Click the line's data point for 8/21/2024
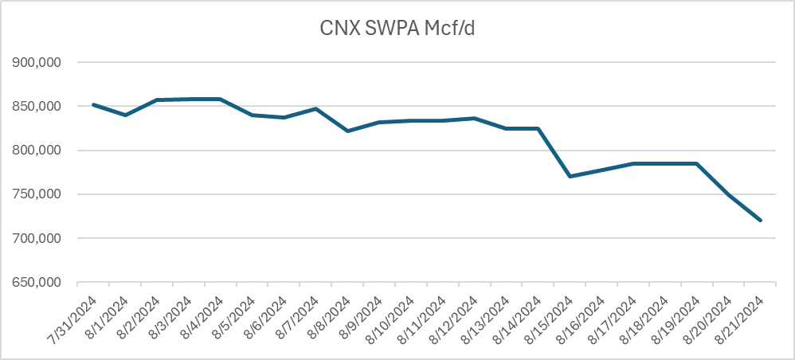pyautogui.click(x=760, y=220)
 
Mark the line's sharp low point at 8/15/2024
pyautogui.click(x=570, y=176)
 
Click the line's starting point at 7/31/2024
pyautogui.click(x=93, y=104)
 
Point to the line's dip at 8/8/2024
pyautogui.click(x=347, y=131)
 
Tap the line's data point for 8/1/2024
pyautogui.click(x=125, y=115)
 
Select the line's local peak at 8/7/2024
pyautogui.click(x=315, y=108)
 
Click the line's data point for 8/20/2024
pyautogui.click(x=728, y=194)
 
